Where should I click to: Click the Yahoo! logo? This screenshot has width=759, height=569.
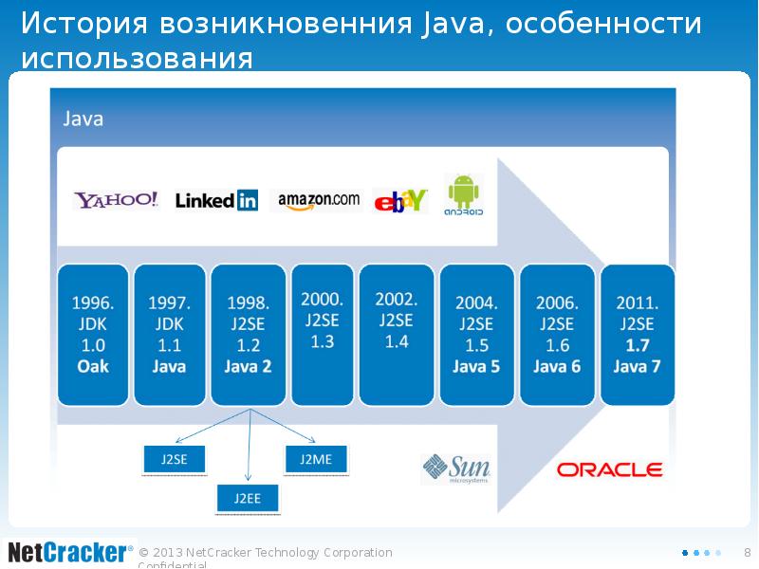pos(117,200)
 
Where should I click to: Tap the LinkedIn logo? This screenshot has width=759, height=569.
pos(216,200)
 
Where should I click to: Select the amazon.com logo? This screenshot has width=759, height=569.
pos(319,199)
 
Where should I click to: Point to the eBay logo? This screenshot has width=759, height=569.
pos(401,201)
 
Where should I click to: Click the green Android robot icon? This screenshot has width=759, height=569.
pos(464,194)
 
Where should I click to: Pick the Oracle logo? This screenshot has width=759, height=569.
pos(609,469)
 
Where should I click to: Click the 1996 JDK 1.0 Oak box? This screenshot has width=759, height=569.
pos(93,335)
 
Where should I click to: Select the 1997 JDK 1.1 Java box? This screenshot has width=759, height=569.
pos(169,335)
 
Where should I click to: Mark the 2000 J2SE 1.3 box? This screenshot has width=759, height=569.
pos(323,335)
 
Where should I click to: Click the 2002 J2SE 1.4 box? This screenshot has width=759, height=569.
pos(397,335)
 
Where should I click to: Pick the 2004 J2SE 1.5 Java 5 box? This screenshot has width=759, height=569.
pos(476,335)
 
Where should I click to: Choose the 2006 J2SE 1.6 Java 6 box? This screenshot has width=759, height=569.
pos(557,335)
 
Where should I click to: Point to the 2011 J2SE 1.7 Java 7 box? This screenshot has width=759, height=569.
pos(637,335)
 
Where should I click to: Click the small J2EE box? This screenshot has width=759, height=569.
pos(248,496)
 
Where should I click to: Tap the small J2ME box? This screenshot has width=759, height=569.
pos(316,459)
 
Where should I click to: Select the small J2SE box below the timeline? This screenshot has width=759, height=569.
pos(174,459)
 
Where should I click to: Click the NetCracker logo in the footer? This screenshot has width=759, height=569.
pos(67,552)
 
